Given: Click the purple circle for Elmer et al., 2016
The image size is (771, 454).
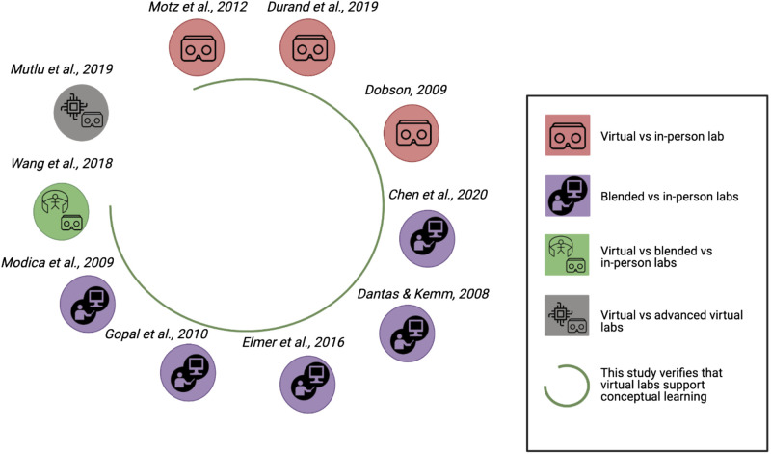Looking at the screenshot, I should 307,384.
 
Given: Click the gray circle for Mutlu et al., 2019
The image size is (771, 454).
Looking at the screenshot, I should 81,114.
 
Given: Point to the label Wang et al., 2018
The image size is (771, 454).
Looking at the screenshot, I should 61,164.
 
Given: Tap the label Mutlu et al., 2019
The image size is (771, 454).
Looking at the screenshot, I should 62,70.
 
